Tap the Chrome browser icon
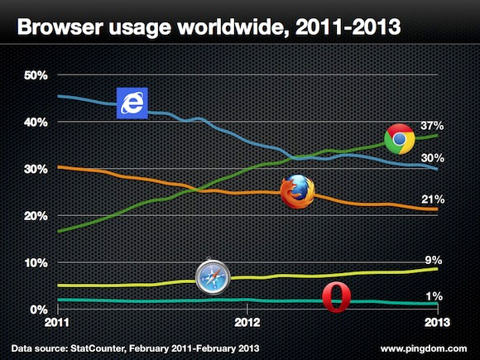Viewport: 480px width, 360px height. [400, 138]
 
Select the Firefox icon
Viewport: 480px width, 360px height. [298, 192]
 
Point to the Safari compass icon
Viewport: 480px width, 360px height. [210, 278]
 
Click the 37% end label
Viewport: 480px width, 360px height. [433, 126]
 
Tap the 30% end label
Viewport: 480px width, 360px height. [433, 158]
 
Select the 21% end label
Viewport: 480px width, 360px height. [433, 199]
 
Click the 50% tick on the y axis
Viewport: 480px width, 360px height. [37, 75]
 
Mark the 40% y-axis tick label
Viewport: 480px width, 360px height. [37, 122]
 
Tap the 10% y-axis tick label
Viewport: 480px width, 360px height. [37, 263]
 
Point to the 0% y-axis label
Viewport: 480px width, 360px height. [40, 310]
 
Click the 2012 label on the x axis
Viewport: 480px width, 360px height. [247, 321]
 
